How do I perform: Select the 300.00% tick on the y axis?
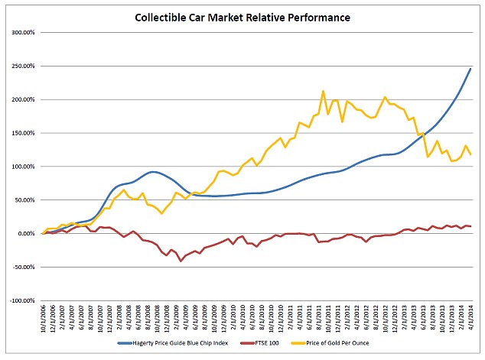click(x=25, y=33)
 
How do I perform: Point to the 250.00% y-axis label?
click(x=25, y=66)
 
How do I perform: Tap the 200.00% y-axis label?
click(x=25, y=100)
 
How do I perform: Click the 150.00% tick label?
click(x=25, y=133)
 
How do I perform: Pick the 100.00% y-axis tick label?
click(x=25, y=167)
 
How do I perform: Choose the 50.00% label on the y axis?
click(x=27, y=200)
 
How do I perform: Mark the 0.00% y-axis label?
click(x=29, y=234)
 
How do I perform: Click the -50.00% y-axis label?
click(x=25, y=267)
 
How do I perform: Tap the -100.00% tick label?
click(x=24, y=300)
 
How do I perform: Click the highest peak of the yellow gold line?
click(x=324, y=91)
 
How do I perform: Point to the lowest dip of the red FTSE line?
click(x=181, y=261)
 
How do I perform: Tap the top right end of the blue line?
click(x=470, y=69)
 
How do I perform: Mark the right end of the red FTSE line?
click(x=470, y=226)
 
